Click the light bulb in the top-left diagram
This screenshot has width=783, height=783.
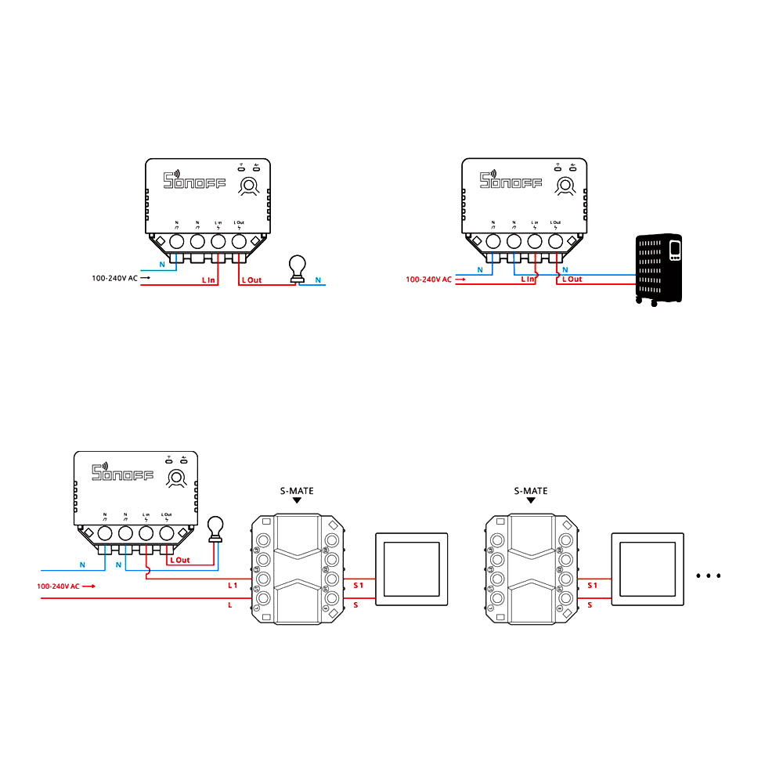298,268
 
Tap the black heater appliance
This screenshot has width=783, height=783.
659,269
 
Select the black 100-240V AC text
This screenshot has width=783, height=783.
114,278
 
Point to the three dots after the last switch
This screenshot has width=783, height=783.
708,576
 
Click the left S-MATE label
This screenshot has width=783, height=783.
297,491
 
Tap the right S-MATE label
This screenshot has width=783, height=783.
531,491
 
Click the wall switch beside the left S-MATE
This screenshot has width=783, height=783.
413,568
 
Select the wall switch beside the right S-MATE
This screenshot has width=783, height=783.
647,568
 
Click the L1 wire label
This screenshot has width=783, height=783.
233,585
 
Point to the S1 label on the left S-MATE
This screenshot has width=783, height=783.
359,585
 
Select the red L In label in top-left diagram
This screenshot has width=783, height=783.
208,279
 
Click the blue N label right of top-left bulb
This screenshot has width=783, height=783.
318,279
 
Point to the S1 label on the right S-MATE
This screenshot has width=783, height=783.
593,585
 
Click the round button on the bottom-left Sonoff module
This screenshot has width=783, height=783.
177,478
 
